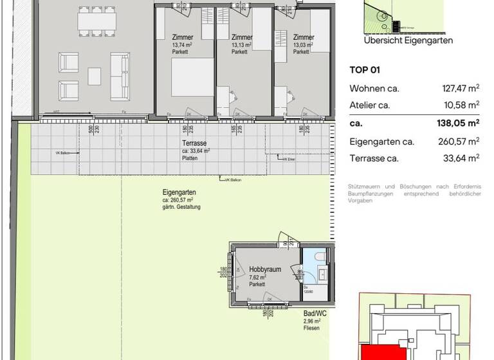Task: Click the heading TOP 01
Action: (x=365, y=71)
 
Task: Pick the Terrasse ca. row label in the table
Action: (x=374, y=158)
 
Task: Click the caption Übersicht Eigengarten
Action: (x=408, y=40)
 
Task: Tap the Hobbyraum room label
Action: (x=265, y=271)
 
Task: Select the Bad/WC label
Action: (x=314, y=314)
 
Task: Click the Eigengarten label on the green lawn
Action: (x=179, y=192)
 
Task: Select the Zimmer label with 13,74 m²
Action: (x=183, y=37)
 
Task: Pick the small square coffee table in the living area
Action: (x=95, y=76)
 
